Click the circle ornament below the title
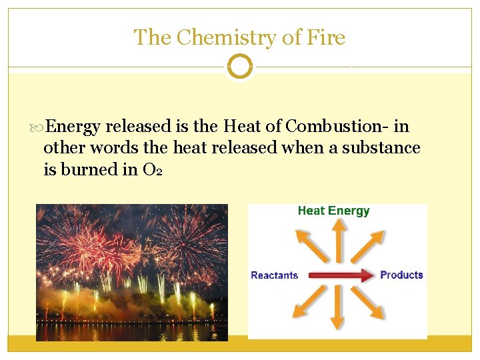click(240, 67)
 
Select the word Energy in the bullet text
click(74, 126)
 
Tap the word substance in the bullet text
click(381, 147)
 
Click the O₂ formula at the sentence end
click(153, 170)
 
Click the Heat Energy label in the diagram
click(333, 211)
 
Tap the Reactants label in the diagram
click(274, 275)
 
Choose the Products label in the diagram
click(401, 275)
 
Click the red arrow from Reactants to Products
click(339, 275)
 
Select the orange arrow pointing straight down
click(339, 307)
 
